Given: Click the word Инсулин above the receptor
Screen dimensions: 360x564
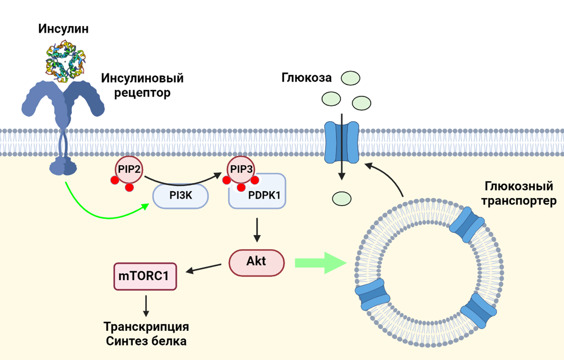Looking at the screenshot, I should pyautogui.click(x=63, y=29).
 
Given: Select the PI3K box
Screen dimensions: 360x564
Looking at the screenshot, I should pyautogui.click(x=181, y=196).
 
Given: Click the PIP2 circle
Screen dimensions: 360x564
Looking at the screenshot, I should pyautogui.click(x=129, y=170).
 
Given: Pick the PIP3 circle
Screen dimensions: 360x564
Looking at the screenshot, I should pyautogui.click(x=241, y=170).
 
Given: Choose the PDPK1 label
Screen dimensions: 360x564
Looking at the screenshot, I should pyautogui.click(x=264, y=195).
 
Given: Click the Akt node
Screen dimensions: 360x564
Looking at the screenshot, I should pyautogui.click(x=256, y=262).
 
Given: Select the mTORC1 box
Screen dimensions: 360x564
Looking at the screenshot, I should pyautogui.click(x=145, y=276).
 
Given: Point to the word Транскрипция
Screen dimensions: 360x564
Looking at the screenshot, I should pyautogui.click(x=146, y=327).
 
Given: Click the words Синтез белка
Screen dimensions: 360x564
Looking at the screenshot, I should pyautogui.click(x=146, y=341).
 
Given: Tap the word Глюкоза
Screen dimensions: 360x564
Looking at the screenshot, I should pyautogui.click(x=306, y=78).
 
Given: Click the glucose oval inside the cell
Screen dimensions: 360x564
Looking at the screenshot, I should pyautogui.click(x=341, y=199).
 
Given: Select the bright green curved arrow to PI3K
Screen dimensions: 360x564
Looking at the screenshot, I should pyautogui.click(x=102, y=214).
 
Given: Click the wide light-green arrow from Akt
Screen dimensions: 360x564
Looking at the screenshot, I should pyautogui.click(x=320, y=263).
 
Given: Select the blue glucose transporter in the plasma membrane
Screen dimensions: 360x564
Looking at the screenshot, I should pyautogui.click(x=341, y=142).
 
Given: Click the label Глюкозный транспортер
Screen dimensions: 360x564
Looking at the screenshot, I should pyautogui.click(x=518, y=193).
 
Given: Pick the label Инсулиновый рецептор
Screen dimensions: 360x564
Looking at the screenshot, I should pyautogui.click(x=142, y=85).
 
